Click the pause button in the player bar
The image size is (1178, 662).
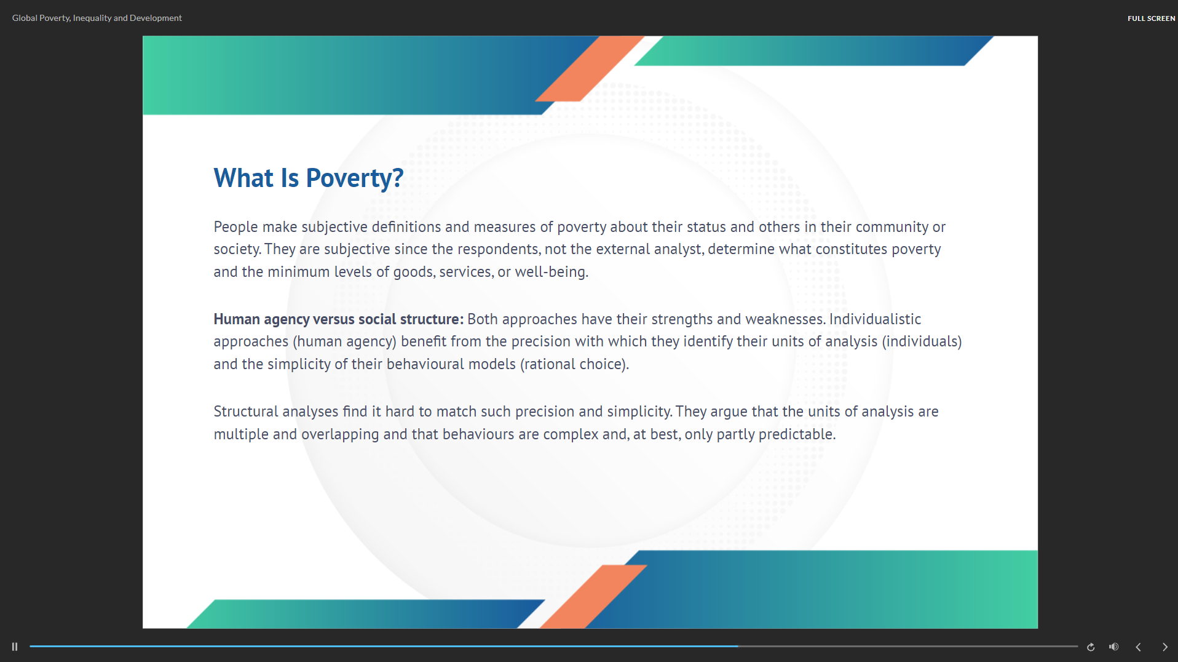[15, 647]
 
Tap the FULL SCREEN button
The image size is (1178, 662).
[1151, 18]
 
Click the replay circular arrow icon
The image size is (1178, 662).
[1091, 647]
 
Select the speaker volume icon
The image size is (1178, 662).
[1113, 647]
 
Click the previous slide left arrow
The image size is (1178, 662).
[1138, 647]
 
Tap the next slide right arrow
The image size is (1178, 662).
[1164, 647]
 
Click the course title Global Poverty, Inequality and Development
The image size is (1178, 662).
[97, 18]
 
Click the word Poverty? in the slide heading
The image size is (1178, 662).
[355, 178]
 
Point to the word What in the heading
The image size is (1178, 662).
[243, 178]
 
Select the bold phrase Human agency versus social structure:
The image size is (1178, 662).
[339, 319]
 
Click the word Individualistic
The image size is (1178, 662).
[875, 319]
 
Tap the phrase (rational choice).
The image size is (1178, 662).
[575, 364]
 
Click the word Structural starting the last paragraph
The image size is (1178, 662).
[246, 412]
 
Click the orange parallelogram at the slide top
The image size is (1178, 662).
[590, 68]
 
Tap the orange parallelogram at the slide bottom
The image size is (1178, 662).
[593, 597]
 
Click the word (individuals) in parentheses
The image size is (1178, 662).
[922, 341]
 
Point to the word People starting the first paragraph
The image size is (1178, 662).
[236, 227]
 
